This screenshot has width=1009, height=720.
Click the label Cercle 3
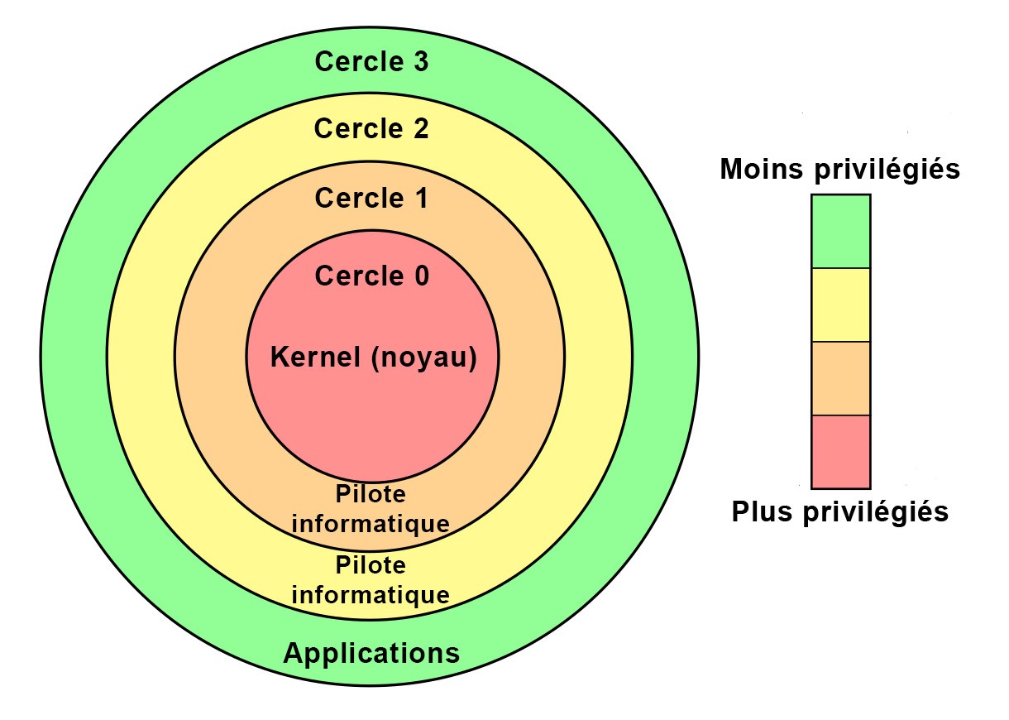[371, 61]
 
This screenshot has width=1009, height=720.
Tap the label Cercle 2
[371, 128]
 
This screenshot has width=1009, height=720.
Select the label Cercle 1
[371, 198]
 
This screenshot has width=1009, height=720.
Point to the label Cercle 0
[371, 276]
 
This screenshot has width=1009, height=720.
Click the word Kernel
[315, 357]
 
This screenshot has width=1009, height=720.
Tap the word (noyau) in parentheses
[423, 359]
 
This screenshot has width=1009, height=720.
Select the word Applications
[371, 653]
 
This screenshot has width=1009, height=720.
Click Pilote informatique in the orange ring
[371, 510]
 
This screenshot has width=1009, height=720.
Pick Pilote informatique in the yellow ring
[371, 580]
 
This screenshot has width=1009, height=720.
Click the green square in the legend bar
[840, 231]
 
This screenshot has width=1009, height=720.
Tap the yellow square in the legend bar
[840, 305]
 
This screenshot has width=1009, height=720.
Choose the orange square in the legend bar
[840, 378]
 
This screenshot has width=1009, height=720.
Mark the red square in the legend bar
[840, 452]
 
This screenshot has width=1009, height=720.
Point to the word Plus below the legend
[762, 511]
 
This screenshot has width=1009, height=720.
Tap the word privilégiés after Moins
[887, 170]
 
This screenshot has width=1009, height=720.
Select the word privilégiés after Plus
[876, 513]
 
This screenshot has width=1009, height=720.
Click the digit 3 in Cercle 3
[421, 61]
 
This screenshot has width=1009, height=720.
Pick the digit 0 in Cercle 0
[422, 276]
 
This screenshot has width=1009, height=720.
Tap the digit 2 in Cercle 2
[421, 128]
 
